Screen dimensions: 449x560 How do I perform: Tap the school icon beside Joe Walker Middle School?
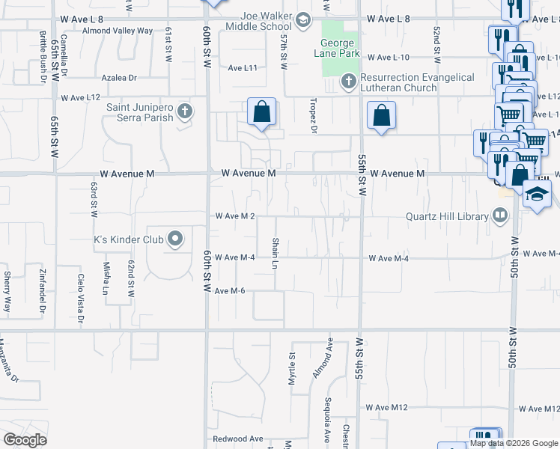point(303,19)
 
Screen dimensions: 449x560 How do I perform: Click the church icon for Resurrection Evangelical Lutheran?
point(348,80)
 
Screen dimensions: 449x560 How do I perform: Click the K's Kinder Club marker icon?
point(175,240)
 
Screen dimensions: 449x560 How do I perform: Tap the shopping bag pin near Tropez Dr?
point(262,113)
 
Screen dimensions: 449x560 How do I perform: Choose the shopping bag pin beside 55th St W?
point(381,116)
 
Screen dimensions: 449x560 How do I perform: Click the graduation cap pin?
point(536,196)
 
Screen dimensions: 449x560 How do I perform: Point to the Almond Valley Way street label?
point(118,31)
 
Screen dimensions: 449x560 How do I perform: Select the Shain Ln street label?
point(276,254)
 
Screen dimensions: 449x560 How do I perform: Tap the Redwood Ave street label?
point(238,439)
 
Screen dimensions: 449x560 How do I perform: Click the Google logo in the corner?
point(25,439)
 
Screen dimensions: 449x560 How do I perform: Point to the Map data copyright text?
point(513,443)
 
